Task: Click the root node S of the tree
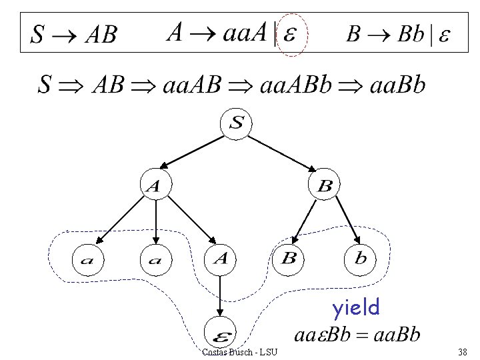click(x=237, y=123)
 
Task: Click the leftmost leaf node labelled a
click(x=87, y=259)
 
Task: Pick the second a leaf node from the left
click(x=155, y=259)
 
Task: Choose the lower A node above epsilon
click(x=221, y=259)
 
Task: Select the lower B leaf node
click(x=289, y=259)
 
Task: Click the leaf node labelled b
click(x=361, y=259)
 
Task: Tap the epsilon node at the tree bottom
click(x=221, y=329)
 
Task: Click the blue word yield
click(x=356, y=307)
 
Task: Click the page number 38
click(x=463, y=351)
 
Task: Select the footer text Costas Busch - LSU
click(x=240, y=351)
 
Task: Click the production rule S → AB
click(x=74, y=35)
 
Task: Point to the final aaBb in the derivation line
click(x=393, y=85)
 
